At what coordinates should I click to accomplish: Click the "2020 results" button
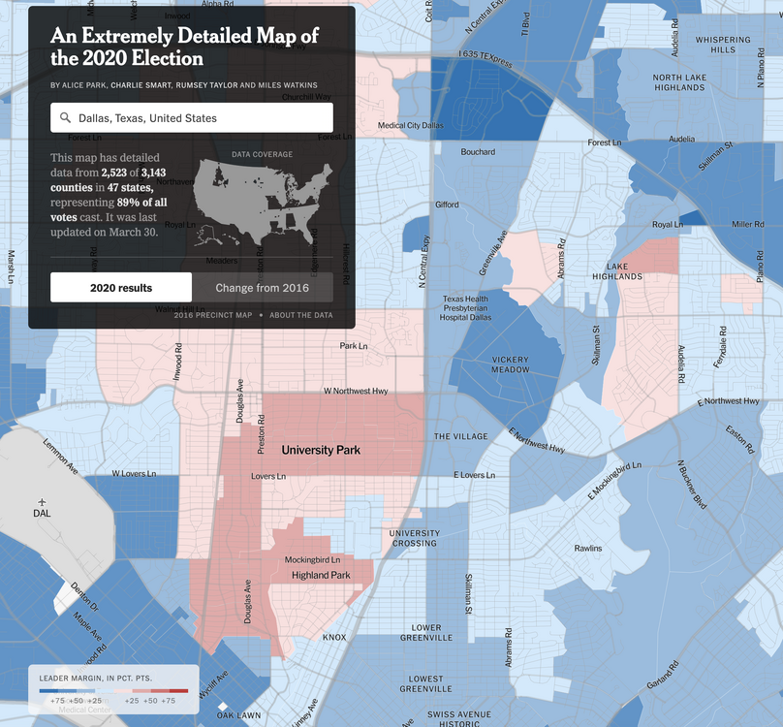[121, 288]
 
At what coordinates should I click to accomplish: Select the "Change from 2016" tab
[262, 288]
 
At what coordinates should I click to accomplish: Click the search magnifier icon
[66, 118]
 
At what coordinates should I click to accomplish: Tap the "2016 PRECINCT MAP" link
[213, 315]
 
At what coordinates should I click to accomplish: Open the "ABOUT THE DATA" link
[300, 315]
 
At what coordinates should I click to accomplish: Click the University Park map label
[321, 451]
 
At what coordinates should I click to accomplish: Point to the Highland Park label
[321, 576]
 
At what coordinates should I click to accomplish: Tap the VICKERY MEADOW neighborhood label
[510, 364]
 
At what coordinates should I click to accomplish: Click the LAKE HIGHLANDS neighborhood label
[623, 270]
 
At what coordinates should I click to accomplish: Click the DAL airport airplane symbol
[42, 501]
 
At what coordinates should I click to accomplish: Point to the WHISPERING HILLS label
[722, 45]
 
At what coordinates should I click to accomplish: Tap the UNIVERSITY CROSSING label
[414, 538]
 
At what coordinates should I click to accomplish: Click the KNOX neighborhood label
[334, 637]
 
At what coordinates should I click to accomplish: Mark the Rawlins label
[587, 549]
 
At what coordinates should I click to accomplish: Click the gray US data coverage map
[262, 202]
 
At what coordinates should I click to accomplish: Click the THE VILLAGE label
[461, 436]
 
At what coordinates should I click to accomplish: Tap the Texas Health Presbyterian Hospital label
[466, 308]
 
